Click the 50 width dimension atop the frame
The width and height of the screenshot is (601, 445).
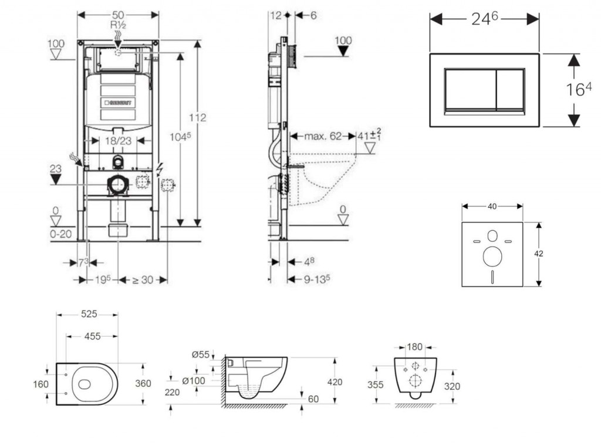[118, 14]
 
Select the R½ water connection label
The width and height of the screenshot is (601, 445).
[118, 26]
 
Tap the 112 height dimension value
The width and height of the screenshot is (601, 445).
[198, 117]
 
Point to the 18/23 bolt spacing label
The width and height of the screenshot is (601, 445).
[118, 141]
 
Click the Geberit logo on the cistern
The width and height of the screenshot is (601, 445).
[120, 102]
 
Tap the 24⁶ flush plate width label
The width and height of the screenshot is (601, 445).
[485, 19]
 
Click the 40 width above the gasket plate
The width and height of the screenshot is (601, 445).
[492, 206]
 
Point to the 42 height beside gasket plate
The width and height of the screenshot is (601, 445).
[539, 254]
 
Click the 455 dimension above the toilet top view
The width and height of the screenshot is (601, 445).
[92, 336]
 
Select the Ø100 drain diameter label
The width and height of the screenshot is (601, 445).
[193, 381]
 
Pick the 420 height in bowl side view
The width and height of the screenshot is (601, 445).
[335, 382]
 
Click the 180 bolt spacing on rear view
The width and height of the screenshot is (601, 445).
[415, 348]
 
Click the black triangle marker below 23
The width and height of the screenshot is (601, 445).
[56, 180]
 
